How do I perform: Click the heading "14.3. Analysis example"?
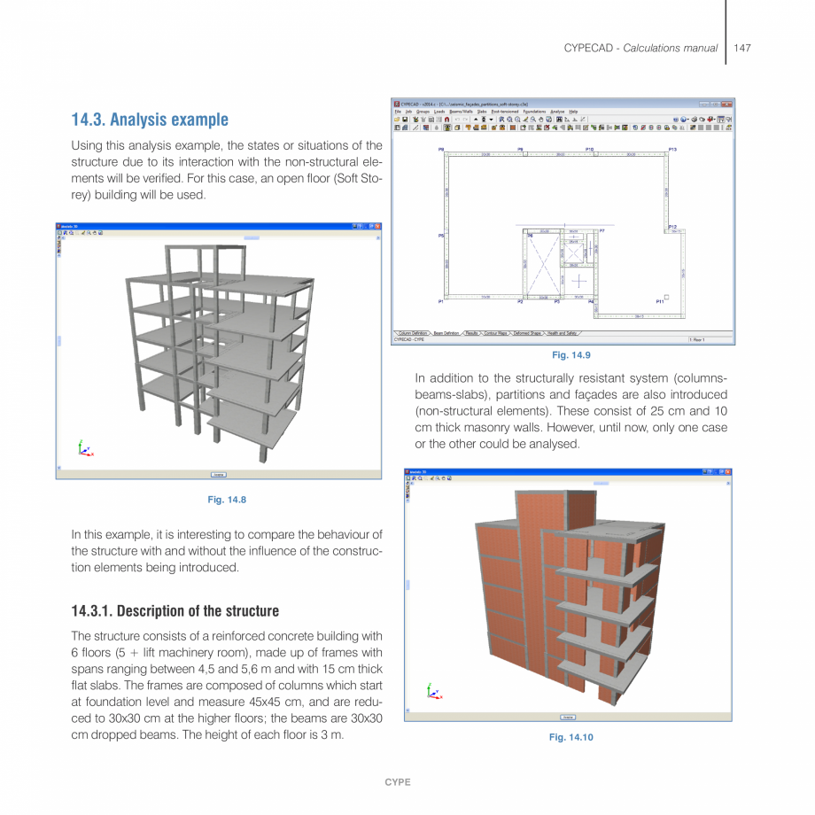click(x=150, y=120)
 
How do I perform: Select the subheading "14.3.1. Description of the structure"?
click(x=175, y=611)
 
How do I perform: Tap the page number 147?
click(x=742, y=48)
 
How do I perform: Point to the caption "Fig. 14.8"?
click(x=227, y=500)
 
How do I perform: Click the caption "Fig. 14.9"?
click(x=570, y=355)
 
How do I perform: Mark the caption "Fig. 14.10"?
click(x=570, y=737)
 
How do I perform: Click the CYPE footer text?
click(x=397, y=782)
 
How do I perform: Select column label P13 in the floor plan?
click(x=672, y=150)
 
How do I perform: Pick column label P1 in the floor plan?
click(x=440, y=302)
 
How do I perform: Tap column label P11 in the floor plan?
click(x=659, y=302)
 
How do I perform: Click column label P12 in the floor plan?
click(x=672, y=228)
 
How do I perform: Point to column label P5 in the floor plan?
click(x=440, y=236)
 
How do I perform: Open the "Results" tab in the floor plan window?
click(x=472, y=333)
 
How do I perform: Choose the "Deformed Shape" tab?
click(x=528, y=333)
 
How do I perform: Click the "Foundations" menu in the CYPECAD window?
click(x=533, y=111)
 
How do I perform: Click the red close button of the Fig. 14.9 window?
click(x=727, y=103)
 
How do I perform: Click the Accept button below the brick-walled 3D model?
click(x=567, y=717)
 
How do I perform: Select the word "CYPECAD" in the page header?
click(x=591, y=48)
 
